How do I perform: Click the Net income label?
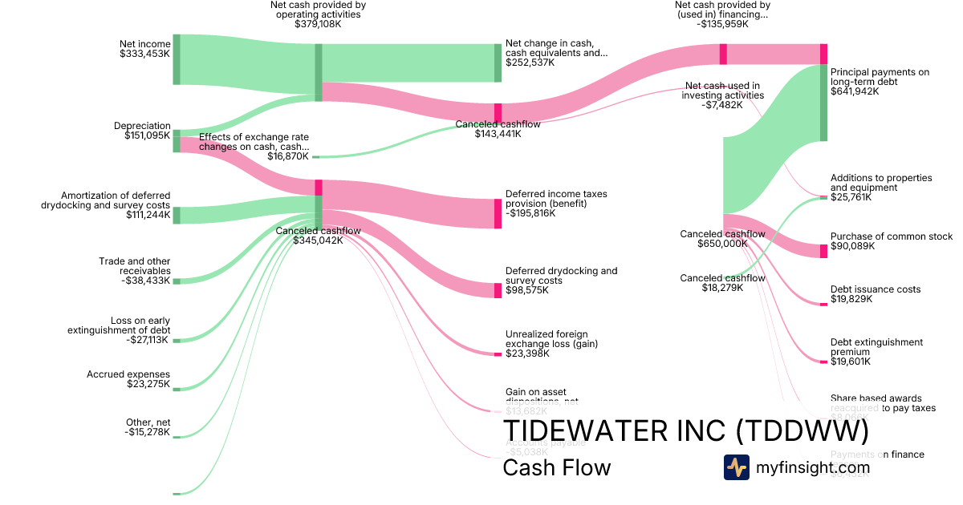[x=144, y=44]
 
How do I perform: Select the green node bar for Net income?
[x=177, y=59]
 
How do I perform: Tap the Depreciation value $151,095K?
[x=147, y=135]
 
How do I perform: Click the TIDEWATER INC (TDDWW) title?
[x=685, y=431]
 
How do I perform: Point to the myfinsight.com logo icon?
[x=736, y=467]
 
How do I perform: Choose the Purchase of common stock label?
[x=892, y=236]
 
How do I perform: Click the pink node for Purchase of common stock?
[x=823, y=251]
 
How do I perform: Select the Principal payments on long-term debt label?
[x=880, y=77]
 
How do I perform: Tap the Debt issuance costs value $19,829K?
[x=851, y=299]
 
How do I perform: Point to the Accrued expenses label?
[x=128, y=374]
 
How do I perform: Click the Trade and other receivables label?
[x=134, y=266]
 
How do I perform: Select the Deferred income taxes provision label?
[x=556, y=199]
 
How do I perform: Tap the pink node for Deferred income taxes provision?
[x=498, y=213]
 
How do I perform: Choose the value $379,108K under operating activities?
[x=318, y=24]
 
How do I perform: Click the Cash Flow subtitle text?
[x=556, y=467]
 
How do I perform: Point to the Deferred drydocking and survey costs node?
[x=498, y=290]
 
